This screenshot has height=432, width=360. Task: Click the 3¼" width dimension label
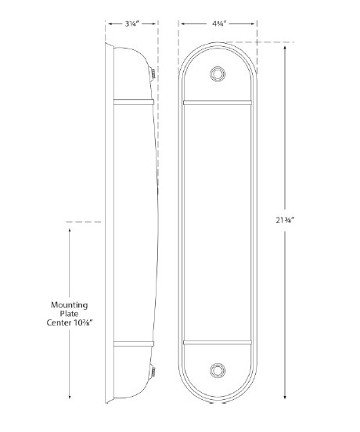[x=131, y=24]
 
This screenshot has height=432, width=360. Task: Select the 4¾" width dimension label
[x=218, y=24]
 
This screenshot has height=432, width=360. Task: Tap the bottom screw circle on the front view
[x=218, y=369]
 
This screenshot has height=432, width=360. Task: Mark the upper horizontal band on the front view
[x=218, y=101]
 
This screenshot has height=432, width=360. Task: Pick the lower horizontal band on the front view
[x=218, y=342]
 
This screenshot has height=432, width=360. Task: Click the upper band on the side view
[x=132, y=101]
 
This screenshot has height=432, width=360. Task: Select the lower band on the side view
[x=132, y=342]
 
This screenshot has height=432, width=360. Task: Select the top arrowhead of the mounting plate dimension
[x=70, y=232]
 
